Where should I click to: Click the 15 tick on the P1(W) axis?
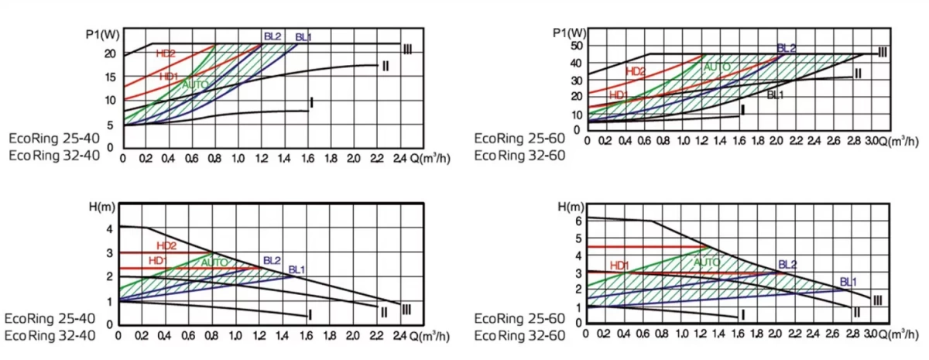point(110,77)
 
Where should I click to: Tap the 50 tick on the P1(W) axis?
point(576,46)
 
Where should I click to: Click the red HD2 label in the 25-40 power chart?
point(166,53)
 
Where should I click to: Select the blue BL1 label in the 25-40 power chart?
point(303,37)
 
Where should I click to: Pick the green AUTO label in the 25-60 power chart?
point(716,67)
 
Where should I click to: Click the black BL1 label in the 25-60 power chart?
point(775,95)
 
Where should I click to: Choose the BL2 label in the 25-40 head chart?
point(271,260)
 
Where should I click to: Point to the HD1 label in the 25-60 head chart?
point(619,266)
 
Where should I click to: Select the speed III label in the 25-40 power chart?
point(407,50)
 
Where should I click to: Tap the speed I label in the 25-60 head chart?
point(742,314)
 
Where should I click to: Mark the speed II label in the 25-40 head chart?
point(384,312)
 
